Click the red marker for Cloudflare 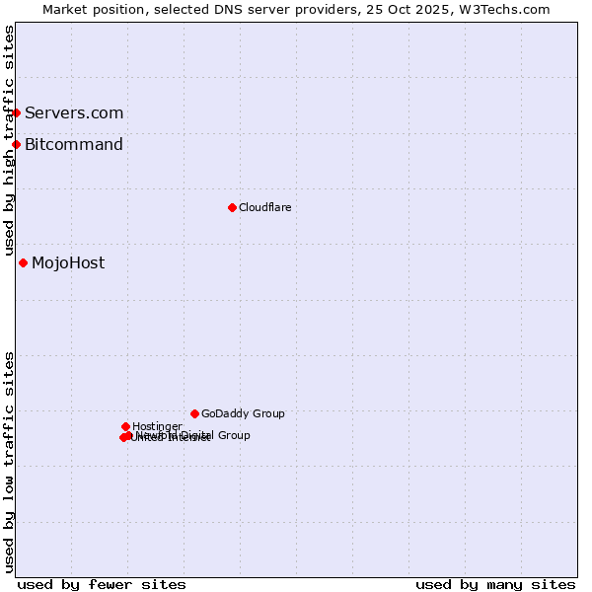[232, 207]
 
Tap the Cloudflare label [264, 207]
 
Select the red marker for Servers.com [16, 112]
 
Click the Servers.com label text [74, 112]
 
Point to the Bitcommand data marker [16, 145]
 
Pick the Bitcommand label [74, 145]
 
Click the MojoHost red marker [23, 262]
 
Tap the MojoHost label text [68, 262]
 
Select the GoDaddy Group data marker [194, 413]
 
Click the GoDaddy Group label [243, 413]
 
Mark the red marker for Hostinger [125, 426]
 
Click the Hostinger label [157, 426]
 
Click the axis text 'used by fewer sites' [102, 584]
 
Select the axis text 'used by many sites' [495, 584]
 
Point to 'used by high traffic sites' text [10, 140]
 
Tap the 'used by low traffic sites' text [10, 462]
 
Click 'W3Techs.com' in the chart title [508, 9]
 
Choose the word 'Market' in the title [64, 9]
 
